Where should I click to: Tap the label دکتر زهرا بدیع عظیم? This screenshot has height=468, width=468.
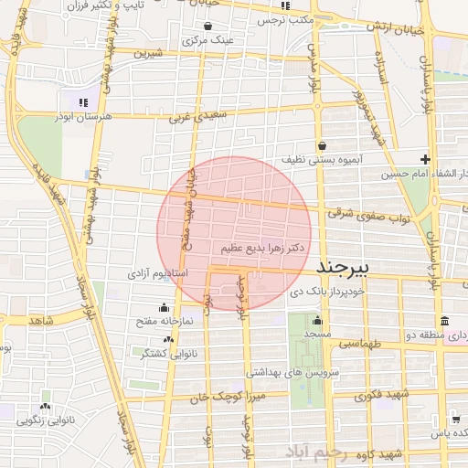click(x=262, y=247)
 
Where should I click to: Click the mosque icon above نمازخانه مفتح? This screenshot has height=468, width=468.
click(x=164, y=307)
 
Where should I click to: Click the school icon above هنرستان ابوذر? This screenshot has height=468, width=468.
click(x=82, y=102)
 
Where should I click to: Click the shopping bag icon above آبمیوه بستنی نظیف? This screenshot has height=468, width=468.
click(x=322, y=145)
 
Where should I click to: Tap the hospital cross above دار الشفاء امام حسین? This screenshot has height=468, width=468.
click(x=426, y=159)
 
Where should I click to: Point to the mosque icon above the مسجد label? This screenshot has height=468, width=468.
click(x=317, y=320)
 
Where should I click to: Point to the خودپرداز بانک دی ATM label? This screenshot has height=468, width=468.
click(x=327, y=292)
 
